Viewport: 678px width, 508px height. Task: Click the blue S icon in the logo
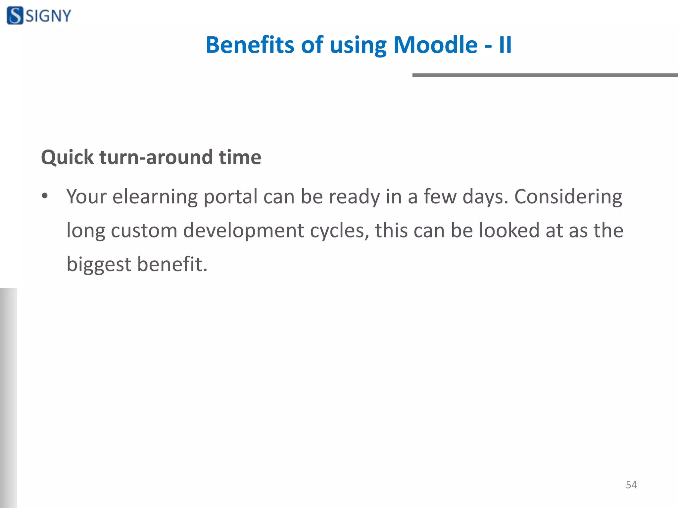pyautogui.click(x=15, y=16)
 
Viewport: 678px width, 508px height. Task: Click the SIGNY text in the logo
pyautogui.click(x=48, y=16)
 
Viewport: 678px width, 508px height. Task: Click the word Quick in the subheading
pyautogui.click(x=68, y=157)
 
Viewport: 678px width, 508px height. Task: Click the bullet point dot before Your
pyautogui.click(x=45, y=196)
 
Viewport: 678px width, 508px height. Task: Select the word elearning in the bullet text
pyautogui.click(x=155, y=197)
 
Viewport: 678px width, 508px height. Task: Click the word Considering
pyautogui.click(x=568, y=197)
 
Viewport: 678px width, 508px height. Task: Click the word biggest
pyautogui.click(x=99, y=265)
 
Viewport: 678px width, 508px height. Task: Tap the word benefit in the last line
pyautogui.click(x=172, y=264)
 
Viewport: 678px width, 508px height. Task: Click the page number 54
pyautogui.click(x=631, y=485)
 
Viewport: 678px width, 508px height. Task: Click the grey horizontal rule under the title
pyautogui.click(x=545, y=75)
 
